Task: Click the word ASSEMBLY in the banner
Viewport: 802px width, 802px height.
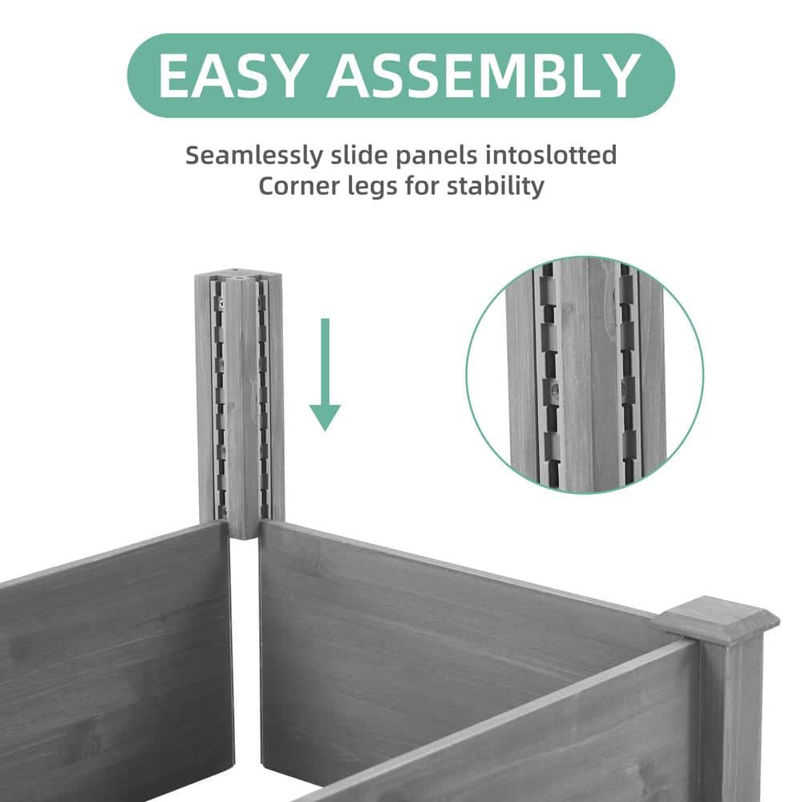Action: tap(482, 75)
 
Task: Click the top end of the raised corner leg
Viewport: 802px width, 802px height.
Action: tap(238, 277)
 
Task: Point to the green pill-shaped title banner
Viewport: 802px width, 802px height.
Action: tap(401, 75)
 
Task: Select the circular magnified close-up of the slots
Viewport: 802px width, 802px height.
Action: tap(585, 375)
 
